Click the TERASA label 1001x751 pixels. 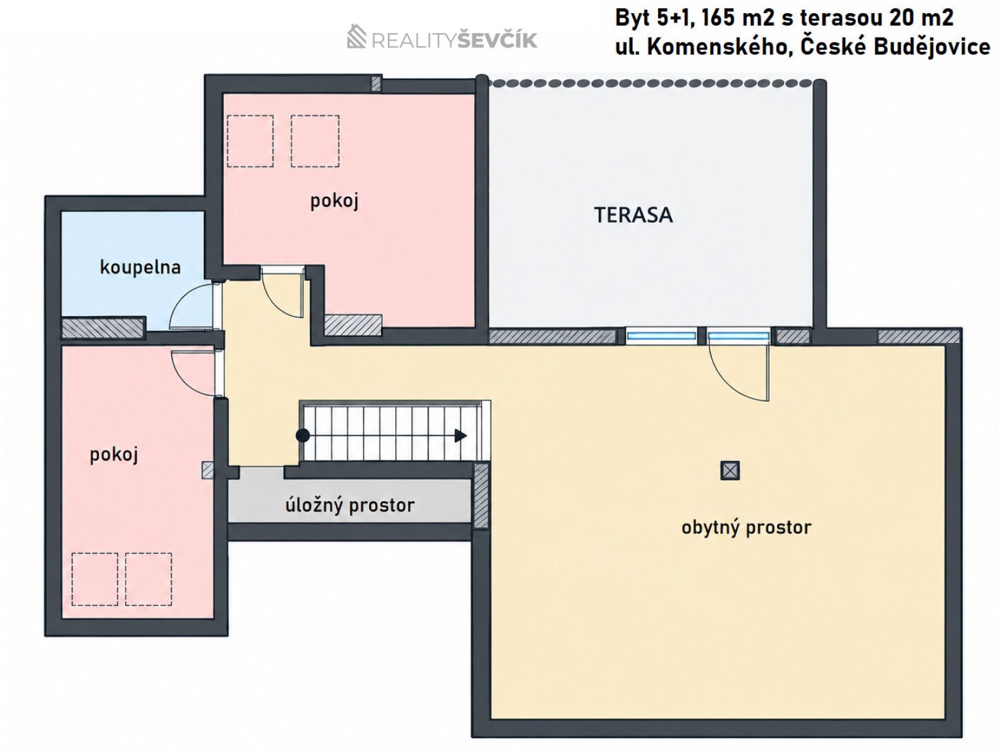633,215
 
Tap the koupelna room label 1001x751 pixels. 141,267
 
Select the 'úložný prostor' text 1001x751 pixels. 350,505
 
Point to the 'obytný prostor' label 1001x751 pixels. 746,528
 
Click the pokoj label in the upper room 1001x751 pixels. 334,201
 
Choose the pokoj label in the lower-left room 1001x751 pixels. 114,454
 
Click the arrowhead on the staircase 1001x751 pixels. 460,436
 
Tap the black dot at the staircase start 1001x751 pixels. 303,436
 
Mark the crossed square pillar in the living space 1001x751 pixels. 730,471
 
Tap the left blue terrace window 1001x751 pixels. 661,337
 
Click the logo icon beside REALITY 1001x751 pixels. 357,36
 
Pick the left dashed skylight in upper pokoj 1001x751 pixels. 250,141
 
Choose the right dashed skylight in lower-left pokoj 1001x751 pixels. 149,580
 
